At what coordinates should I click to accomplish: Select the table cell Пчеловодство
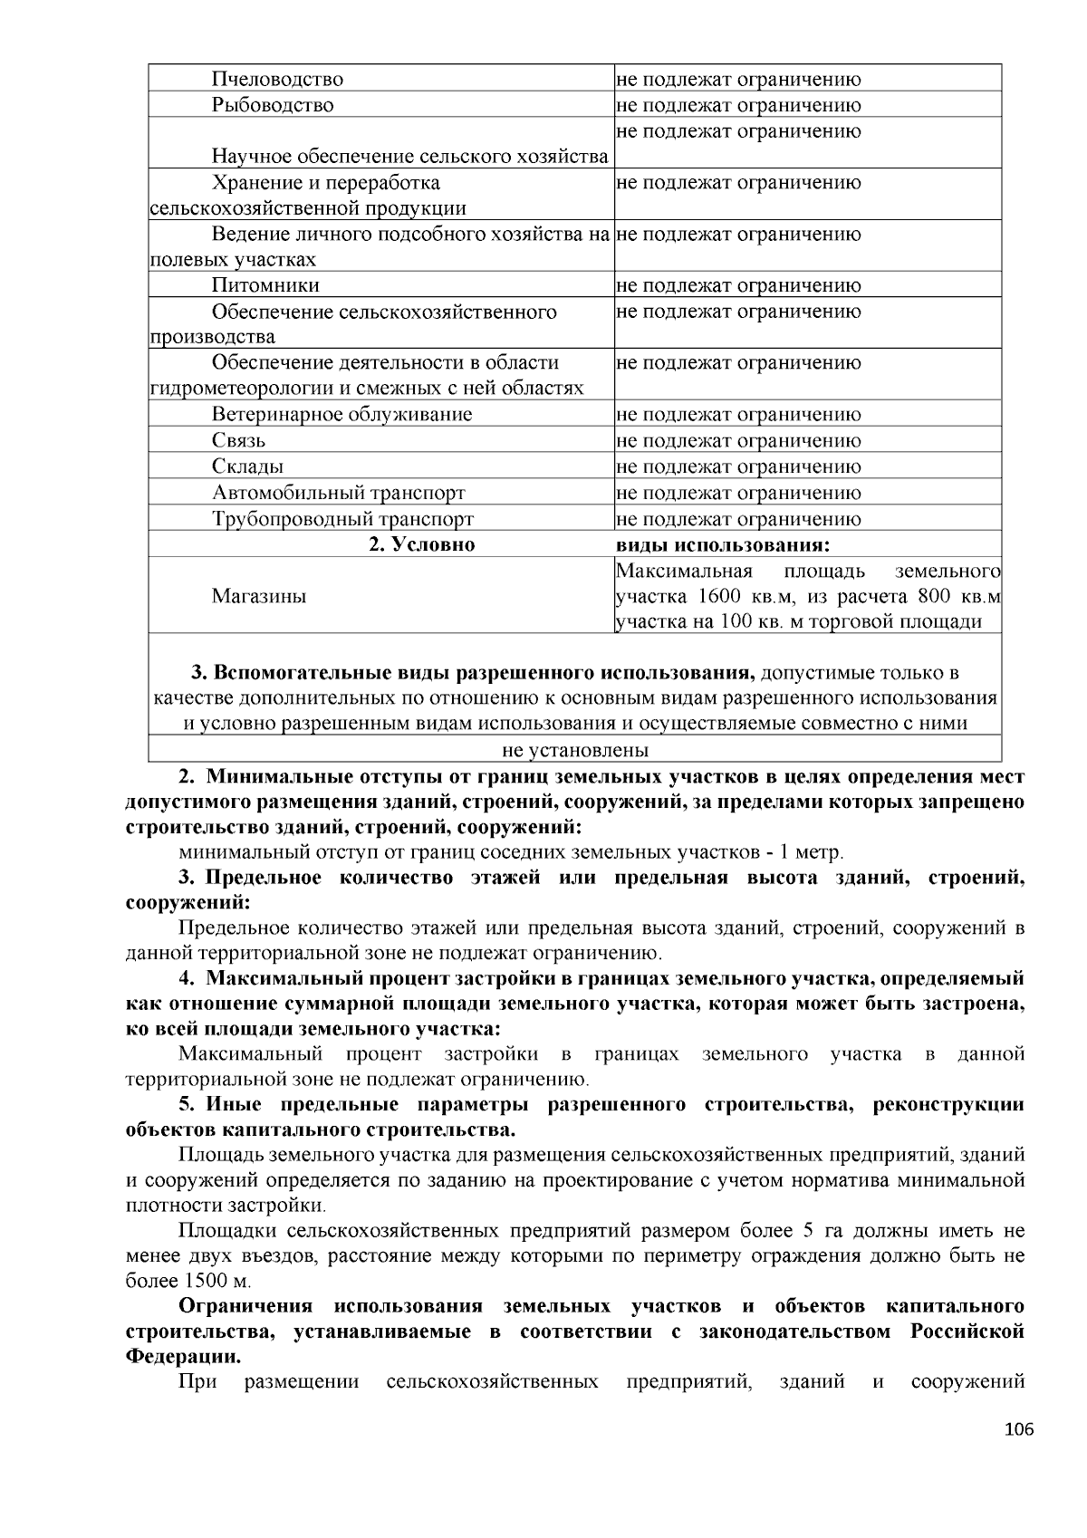[277, 80]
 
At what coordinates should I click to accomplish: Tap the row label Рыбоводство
[273, 105]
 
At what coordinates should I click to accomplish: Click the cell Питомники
[265, 286]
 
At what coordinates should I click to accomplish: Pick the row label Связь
[238, 441]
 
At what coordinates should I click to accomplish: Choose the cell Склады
[247, 467]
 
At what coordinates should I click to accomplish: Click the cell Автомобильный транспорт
[339, 494]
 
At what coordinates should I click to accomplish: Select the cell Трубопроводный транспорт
[342, 520]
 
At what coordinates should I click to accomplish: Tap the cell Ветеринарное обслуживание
[341, 415]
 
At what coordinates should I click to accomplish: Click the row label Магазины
[259, 596]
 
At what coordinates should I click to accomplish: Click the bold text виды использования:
[723, 545]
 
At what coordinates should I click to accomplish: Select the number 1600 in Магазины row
[720, 597]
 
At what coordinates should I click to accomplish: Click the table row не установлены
[575, 751]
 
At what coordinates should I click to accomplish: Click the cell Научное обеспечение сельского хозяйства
[409, 157]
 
